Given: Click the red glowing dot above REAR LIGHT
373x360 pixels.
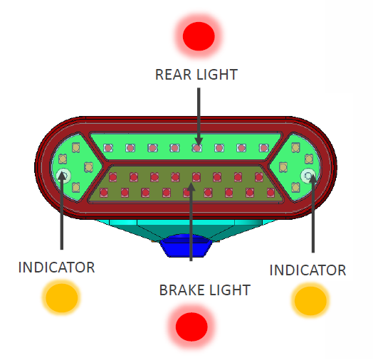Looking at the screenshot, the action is point(199,36).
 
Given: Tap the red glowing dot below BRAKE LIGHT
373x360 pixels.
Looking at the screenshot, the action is point(191,327).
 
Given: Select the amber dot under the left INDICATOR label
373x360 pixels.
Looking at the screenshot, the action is point(62,297).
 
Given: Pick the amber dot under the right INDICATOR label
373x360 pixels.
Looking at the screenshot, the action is point(310,300).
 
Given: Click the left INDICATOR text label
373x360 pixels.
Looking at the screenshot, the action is point(56,268).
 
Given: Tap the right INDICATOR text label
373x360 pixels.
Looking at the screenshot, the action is point(308,270).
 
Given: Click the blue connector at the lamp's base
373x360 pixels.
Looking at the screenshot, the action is point(186,245).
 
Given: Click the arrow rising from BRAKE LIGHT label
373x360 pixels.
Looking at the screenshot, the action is point(191,221).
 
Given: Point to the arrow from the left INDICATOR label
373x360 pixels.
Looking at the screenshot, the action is point(62,211).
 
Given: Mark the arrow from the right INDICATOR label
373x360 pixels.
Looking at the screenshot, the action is point(312,213).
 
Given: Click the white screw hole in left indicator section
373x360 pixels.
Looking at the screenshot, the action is point(63,176).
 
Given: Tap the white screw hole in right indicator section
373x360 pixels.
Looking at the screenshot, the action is point(308,176).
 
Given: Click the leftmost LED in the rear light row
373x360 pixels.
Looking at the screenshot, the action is point(108,148).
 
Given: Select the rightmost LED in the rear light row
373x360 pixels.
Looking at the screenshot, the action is point(264,148).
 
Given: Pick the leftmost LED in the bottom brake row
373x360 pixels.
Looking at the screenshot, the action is point(104,193).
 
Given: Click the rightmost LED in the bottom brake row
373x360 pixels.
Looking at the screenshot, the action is point(270,193).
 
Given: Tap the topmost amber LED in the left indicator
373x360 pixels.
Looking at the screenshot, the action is point(76,147).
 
